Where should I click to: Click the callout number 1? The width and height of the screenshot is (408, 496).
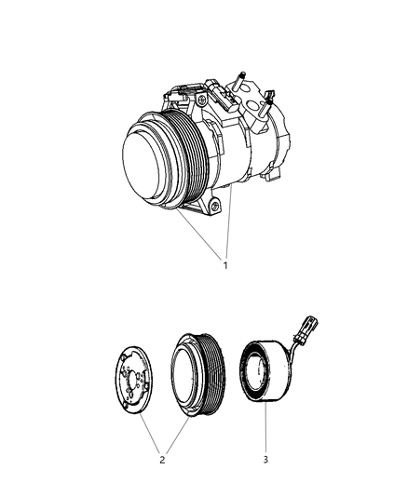[x=224, y=265]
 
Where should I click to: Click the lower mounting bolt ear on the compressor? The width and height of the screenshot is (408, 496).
[x=217, y=207]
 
